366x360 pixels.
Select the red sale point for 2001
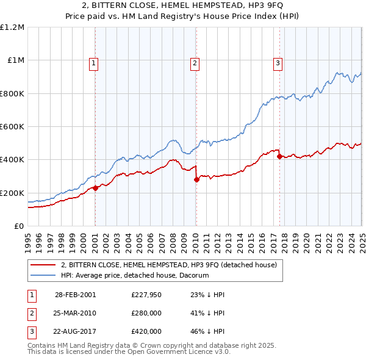pyautogui.click(x=96, y=188)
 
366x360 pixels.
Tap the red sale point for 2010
pyautogui.click(x=196, y=179)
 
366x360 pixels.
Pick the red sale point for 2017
pyautogui.click(x=279, y=156)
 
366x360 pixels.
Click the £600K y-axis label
pyautogui.click(x=12, y=127)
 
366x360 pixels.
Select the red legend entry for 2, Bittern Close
pyautogui.click(x=169, y=265)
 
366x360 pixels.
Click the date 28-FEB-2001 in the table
pyautogui.click(x=75, y=295)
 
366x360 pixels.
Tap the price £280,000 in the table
pyautogui.click(x=146, y=313)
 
